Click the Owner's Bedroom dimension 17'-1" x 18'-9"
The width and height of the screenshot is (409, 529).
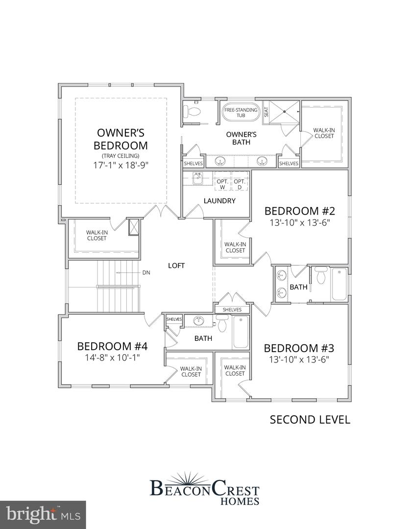click(120, 165)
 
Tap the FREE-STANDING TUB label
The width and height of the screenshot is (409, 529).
click(241, 113)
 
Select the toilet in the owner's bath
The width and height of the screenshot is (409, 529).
click(190, 112)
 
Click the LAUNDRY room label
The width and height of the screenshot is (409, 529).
click(219, 201)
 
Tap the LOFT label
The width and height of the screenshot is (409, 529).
click(176, 266)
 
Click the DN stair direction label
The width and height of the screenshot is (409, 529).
click(146, 272)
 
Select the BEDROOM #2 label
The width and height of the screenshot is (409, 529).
click(299, 211)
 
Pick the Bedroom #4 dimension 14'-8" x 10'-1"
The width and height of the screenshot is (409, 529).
click(112, 358)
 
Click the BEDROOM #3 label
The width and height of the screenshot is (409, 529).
click(299, 348)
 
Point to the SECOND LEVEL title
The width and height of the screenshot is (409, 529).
click(310, 419)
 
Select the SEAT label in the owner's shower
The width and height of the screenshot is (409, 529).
click(266, 112)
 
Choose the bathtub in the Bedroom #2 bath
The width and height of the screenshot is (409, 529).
click(339, 284)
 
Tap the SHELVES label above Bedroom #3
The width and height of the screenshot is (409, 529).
click(232, 310)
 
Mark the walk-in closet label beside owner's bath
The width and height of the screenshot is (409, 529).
click(324, 133)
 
